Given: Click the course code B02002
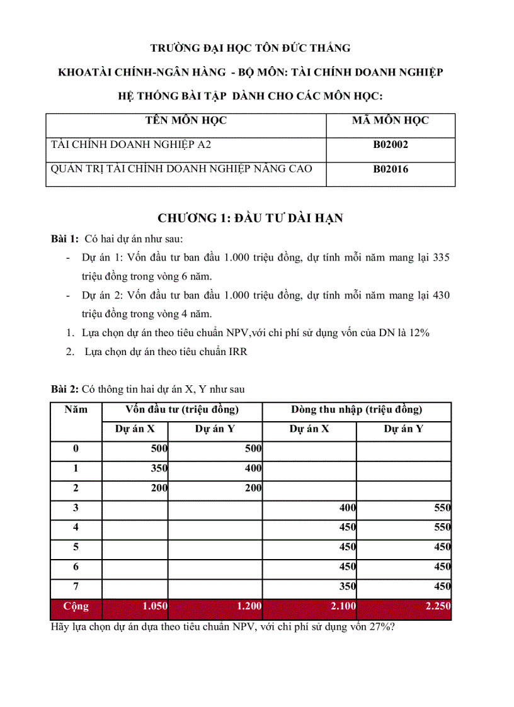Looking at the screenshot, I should pyautogui.click(x=391, y=145).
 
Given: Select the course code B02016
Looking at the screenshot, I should pyautogui.click(x=391, y=169).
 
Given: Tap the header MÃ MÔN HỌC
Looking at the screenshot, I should pyautogui.click(x=391, y=120).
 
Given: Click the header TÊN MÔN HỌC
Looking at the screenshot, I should pyautogui.click(x=186, y=120).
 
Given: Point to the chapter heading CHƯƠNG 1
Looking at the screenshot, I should pyautogui.click(x=250, y=218).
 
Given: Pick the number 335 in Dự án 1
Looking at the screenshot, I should pyautogui.click(x=441, y=257).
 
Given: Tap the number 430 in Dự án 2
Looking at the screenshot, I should pyautogui.click(x=441, y=295).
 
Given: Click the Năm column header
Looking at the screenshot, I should pyautogui.click(x=76, y=410).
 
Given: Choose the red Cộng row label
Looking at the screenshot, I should pyautogui.click(x=76, y=607).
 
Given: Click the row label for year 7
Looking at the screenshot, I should pyautogui.click(x=76, y=587).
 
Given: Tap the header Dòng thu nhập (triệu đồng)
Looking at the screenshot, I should pyautogui.click(x=357, y=410).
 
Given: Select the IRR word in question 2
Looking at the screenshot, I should pyautogui.click(x=238, y=352).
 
